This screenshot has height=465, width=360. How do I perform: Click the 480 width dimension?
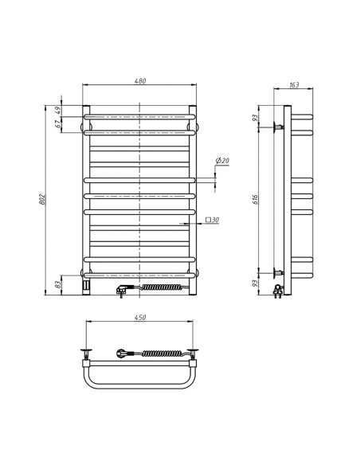pyautogui.click(x=139, y=81)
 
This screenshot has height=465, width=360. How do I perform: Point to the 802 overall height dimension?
pyautogui.click(x=43, y=198)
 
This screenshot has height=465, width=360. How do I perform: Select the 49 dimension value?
pyautogui.click(x=58, y=111)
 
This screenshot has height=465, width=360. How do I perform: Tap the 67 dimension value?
pyautogui.click(x=58, y=124)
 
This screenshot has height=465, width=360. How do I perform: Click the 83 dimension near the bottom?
pyautogui.click(x=58, y=284)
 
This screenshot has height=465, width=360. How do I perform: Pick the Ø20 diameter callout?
pyautogui.click(x=222, y=161)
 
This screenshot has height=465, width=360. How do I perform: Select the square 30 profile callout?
pyautogui.click(x=213, y=220)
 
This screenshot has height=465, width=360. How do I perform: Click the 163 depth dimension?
pyautogui.click(x=294, y=85)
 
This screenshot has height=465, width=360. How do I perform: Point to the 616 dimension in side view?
pyautogui.click(x=256, y=198)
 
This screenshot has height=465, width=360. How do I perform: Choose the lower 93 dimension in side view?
pyautogui.click(x=256, y=282)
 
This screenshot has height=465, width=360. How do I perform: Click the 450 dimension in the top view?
pyautogui.click(x=139, y=318)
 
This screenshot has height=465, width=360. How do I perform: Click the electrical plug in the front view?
pyautogui.click(x=122, y=291)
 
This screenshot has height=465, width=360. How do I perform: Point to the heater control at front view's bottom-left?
pyautogui.click(x=86, y=283)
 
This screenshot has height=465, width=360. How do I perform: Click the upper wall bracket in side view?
pyautogui.click(x=279, y=127)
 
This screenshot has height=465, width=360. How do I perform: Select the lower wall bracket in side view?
pyautogui.click(x=279, y=272)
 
